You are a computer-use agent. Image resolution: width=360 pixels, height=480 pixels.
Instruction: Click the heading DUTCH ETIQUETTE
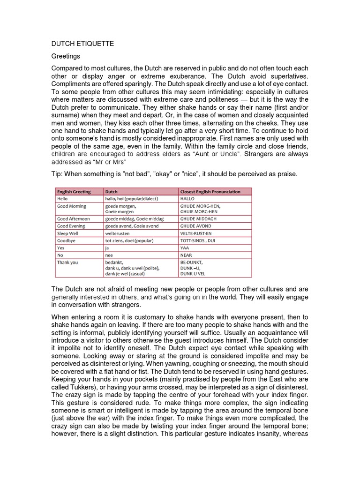(82, 44)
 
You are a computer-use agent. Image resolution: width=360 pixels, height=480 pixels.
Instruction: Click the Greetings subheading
(66, 56)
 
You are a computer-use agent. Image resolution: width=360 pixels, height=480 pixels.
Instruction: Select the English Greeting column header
(74, 192)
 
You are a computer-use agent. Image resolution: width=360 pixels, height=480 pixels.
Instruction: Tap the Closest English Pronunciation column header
(210, 192)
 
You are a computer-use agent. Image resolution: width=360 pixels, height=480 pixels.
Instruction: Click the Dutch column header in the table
(112, 192)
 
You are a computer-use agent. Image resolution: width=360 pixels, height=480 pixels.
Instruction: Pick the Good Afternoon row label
(73, 219)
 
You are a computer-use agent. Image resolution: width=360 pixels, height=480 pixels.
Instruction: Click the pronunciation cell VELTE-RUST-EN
(196, 233)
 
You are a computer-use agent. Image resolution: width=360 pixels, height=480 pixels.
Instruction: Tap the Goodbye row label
(67, 240)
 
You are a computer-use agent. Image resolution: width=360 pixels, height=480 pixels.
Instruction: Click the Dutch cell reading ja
(107, 248)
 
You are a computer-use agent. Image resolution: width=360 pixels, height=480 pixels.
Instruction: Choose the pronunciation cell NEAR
(187, 255)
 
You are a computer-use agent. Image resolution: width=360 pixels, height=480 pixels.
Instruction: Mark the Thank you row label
(67, 262)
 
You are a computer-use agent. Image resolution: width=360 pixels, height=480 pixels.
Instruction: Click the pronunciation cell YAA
(186, 248)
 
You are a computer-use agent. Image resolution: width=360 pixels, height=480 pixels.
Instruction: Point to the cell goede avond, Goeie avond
(132, 226)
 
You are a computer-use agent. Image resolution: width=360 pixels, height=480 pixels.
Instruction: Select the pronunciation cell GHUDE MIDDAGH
(198, 219)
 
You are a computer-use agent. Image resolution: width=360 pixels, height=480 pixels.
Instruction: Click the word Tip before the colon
(56, 174)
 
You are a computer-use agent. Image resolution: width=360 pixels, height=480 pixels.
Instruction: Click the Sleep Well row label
(69, 233)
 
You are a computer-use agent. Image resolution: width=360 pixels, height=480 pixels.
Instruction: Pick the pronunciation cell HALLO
(187, 199)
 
